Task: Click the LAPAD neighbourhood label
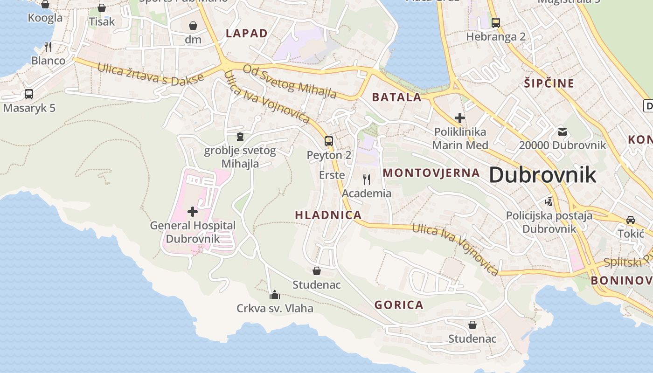[x=247, y=33]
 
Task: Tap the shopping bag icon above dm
[x=193, y=26]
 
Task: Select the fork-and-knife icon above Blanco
[x=48, y=47]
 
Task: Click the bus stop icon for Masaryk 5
[x=29, y=94]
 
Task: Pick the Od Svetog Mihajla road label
[x=290, y=82]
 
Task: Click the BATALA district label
[x=396, y=97]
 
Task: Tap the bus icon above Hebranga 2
[x=496, y=22]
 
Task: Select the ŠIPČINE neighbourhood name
[x=549, y=83]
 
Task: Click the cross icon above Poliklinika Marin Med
[x=460, y=118]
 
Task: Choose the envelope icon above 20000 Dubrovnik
[x=563, y=131]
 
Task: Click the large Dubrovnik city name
[x=542, y=175]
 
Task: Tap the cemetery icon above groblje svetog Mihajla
[x=240, y=137]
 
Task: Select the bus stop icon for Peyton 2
[x=329, y=141]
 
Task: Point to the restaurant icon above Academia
[x=367, y=179]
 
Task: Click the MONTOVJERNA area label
[x=431, y=173]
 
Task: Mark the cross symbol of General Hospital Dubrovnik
[x=193, y=212]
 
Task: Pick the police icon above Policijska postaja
[x=549, y=202]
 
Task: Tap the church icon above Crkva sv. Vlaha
[x=275, y=295]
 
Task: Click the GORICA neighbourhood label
[x=399, y=305]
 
